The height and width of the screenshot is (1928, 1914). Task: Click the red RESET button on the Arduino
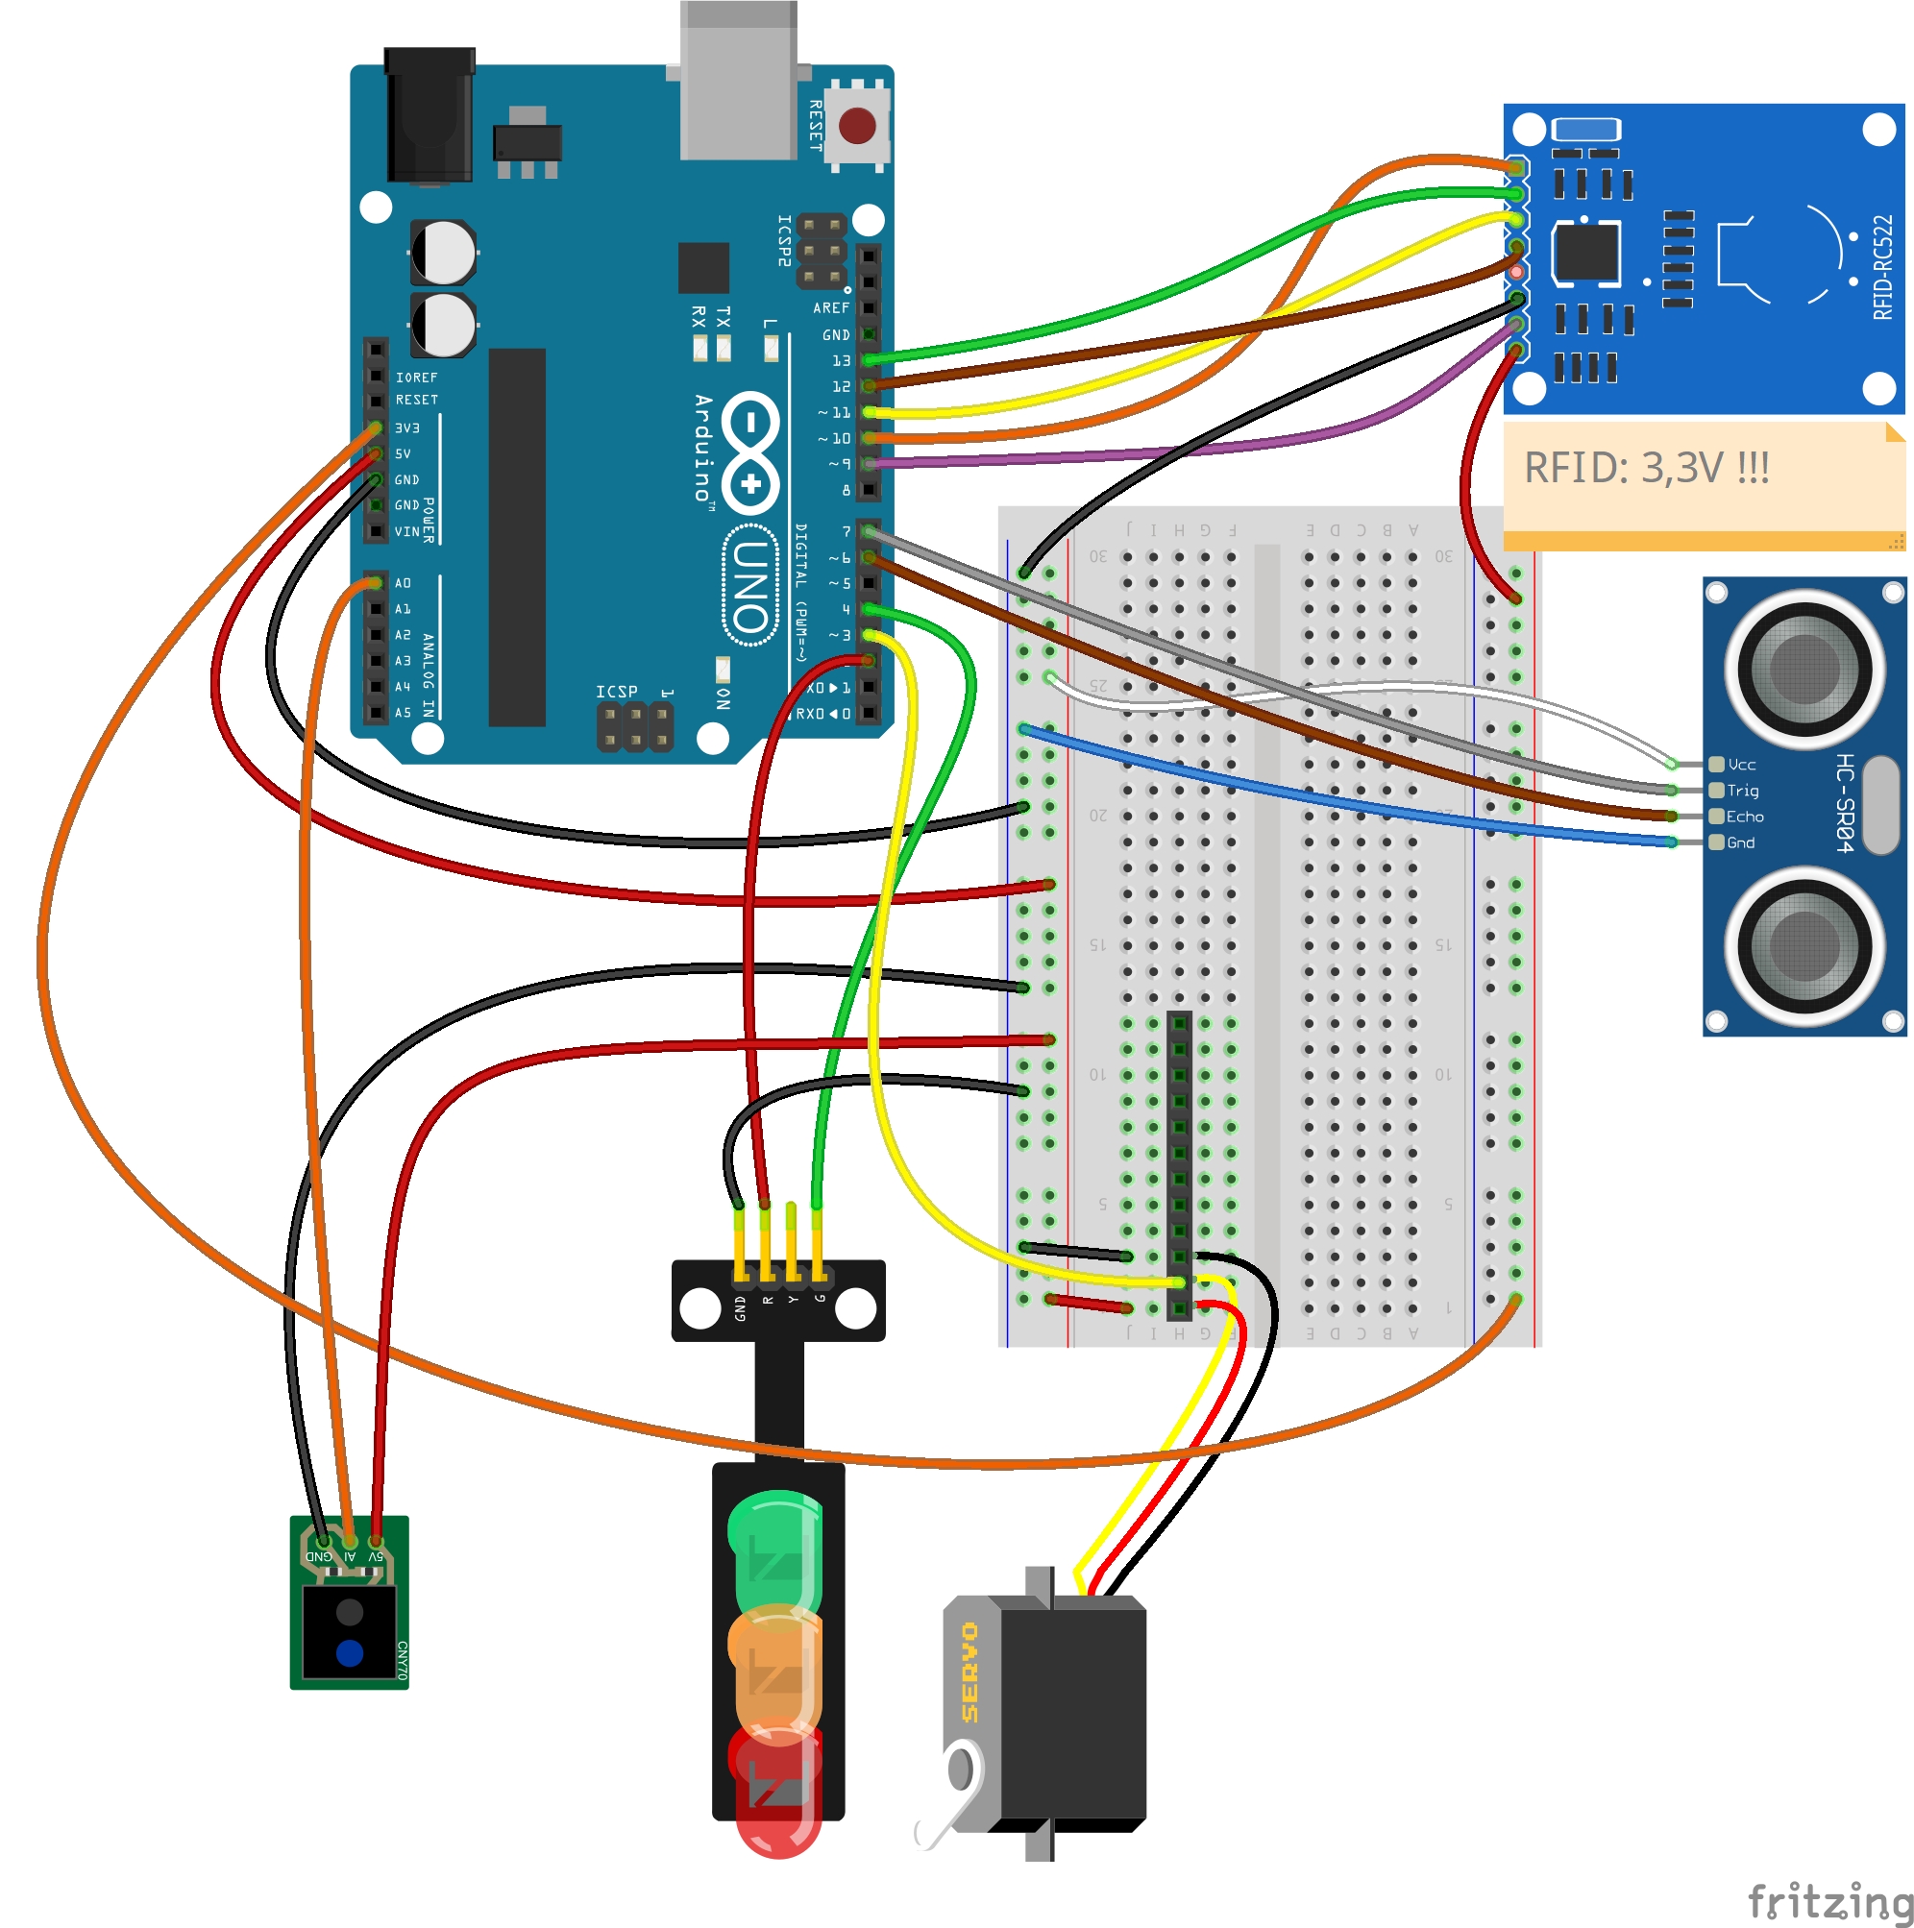(856, 127)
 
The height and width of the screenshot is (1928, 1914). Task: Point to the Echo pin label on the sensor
(1743, 817)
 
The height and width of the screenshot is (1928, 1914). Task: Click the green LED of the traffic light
(774, 1541)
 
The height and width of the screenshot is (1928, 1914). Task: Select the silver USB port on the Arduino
(738, 80)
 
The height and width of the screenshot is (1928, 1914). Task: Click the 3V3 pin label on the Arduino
(407, 428)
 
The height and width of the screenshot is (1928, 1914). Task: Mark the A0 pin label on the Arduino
(403, 583)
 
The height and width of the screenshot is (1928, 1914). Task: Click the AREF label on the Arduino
(830, 308)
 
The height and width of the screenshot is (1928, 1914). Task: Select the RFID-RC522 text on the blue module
(1881, 267)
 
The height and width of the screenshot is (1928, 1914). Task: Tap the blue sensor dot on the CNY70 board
(350, 1653)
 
